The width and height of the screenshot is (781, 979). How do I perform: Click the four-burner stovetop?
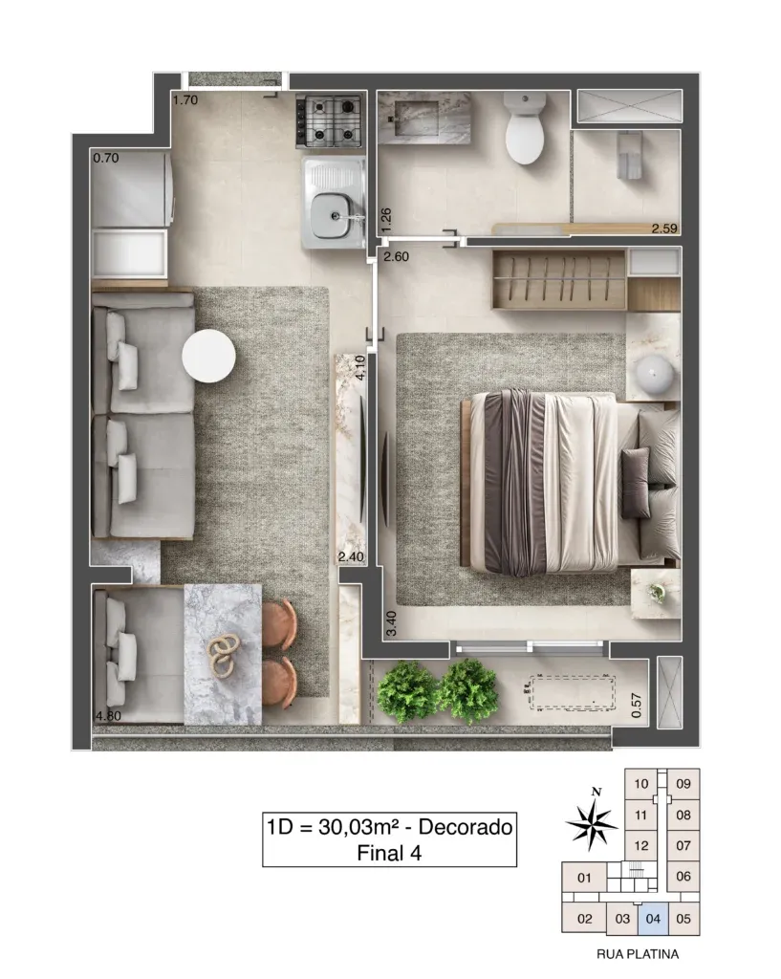[x=330, y=121]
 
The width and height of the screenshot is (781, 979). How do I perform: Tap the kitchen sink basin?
[x=332, y=215]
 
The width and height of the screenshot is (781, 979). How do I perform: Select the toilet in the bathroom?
[x=526, y=129]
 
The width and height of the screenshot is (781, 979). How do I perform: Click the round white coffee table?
[x=208, y=356]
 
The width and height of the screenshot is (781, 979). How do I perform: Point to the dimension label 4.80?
[x=107, y=715]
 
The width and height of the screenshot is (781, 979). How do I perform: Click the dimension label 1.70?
[x=185, y=99]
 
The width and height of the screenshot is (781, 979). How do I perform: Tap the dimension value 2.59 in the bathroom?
[x=664, y=228]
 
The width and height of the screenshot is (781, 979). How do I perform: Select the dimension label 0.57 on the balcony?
[x=636, y=706]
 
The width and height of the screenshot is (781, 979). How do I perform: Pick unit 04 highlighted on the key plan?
[x=653, y=919]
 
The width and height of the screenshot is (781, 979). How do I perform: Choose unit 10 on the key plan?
[x=641, y=784]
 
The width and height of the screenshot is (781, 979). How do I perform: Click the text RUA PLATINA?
[x=638, y=954]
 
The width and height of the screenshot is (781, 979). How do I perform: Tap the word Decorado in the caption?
[x=466, y=827]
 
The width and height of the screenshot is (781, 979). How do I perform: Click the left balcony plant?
[x=406, y=688]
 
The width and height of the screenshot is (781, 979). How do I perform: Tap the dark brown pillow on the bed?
[x=635, y=482]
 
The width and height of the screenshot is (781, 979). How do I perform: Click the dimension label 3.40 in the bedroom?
[x=391, y=623]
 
